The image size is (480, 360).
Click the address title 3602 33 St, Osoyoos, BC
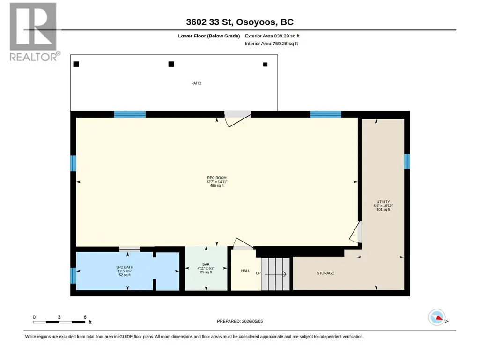pyautogui.click(x=240, y=22)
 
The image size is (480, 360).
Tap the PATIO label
pyautogui.click(x=196, y=83)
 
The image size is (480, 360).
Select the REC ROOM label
pyautogui.click(x=217, y=178)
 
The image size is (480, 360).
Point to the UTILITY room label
pyautogui.click(x=383, y=202)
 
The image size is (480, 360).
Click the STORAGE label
pyautogui.click(x=325, y=273)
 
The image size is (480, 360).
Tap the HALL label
pyautogui.click(x=245, y=271)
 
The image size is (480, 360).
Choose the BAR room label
pyautogui.click(x=206, y=264)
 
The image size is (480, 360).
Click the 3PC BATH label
pyautogui.click(x=125, y=267)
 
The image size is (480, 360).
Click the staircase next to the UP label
pyautogui.click(x=275, y=274)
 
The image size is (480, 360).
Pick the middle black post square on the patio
pyautogui.click(x=171, y=64)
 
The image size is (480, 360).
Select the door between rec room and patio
pyautogui.click(x=238, y=119)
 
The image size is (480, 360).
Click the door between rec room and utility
pyautogui.click(x=356, y=232)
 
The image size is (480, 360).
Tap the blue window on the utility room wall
pyautogui.click(x=407, y=162)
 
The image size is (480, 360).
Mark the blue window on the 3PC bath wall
pyautogui.click(x=73, y=276)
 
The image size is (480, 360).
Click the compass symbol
pyautogui.click(x=437, y=317)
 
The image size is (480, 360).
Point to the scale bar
pyautogui.click(x=59, y=322)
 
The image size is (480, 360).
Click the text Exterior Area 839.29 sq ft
pyautogui.click(x=272, y=36)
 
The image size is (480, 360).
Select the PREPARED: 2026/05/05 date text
pyautogui.click(x=240, y=321)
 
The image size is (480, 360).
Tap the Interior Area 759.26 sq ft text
pyautogui.click(x=271, y=44)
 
